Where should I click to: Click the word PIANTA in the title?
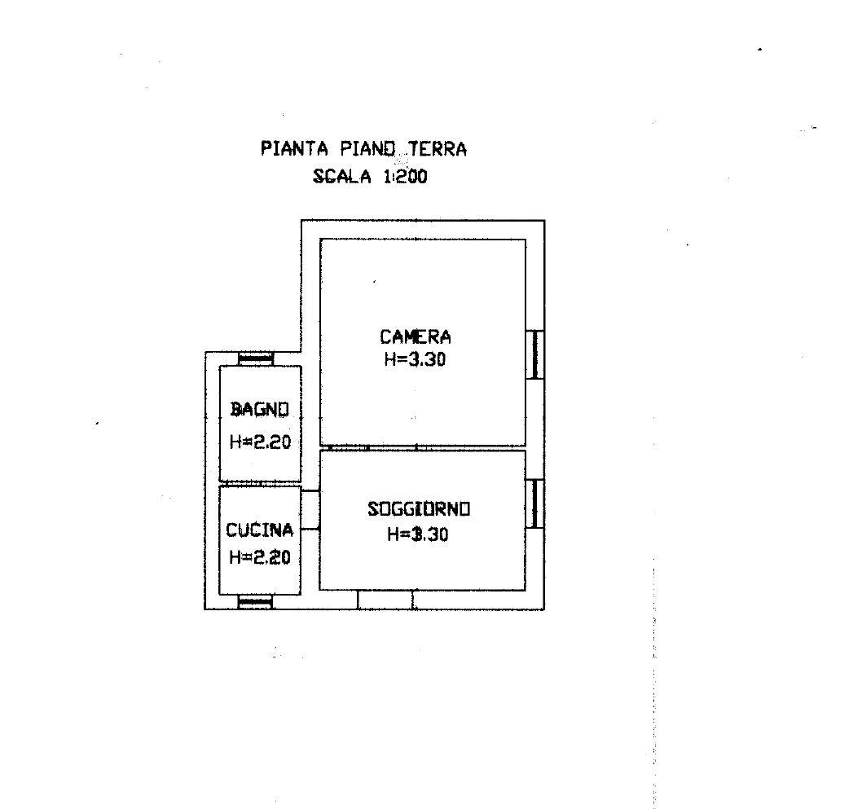click(294, 149)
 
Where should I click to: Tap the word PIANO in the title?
click(367, 149)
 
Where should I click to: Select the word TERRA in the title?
click(438, 149)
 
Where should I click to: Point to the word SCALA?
click(342, 177)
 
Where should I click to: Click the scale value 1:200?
click(405, 177)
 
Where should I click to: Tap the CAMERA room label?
click(415, 336)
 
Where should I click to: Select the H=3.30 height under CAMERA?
click(415, 359)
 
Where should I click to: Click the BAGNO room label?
click(259, 410)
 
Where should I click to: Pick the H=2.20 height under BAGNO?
click(260, 442)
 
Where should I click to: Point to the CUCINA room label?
click(259, 530)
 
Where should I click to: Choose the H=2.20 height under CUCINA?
click(259, 557)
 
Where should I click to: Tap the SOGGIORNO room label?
click(419, 509)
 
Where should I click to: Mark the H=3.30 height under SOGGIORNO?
click(418, 534)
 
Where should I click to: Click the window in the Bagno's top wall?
click(256, 359)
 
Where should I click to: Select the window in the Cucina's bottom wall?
click(255, 602)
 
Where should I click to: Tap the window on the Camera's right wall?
click(535, 354)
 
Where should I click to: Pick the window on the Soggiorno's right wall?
click(535, 504)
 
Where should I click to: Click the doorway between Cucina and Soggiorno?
click(310, 511)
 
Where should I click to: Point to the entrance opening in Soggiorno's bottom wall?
click(385, 600)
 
